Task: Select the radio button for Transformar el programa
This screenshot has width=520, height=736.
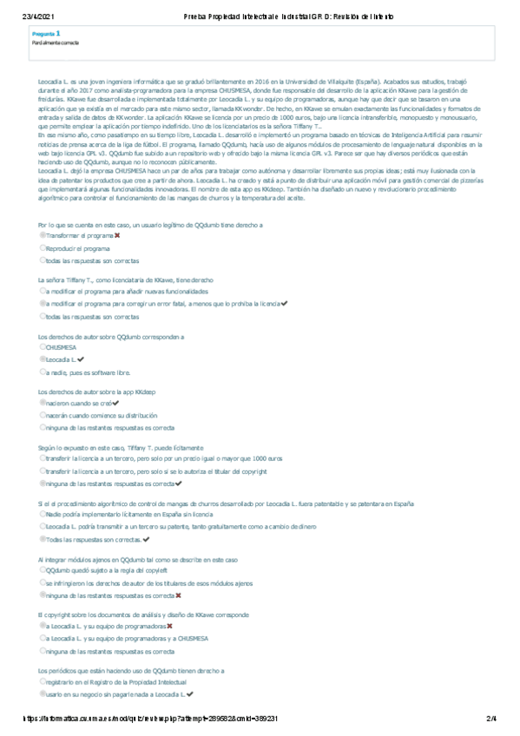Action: coord(43,235)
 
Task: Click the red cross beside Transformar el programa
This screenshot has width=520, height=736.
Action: coord(117,235)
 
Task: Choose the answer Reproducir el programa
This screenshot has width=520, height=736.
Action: coord(77,248)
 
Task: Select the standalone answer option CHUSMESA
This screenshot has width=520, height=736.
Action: coord(61,346)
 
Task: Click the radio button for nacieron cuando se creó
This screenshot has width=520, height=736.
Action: coord(43,404)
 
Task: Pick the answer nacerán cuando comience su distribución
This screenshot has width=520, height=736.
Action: coord(103,416)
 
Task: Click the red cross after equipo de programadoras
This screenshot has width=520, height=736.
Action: coord(169,626)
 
